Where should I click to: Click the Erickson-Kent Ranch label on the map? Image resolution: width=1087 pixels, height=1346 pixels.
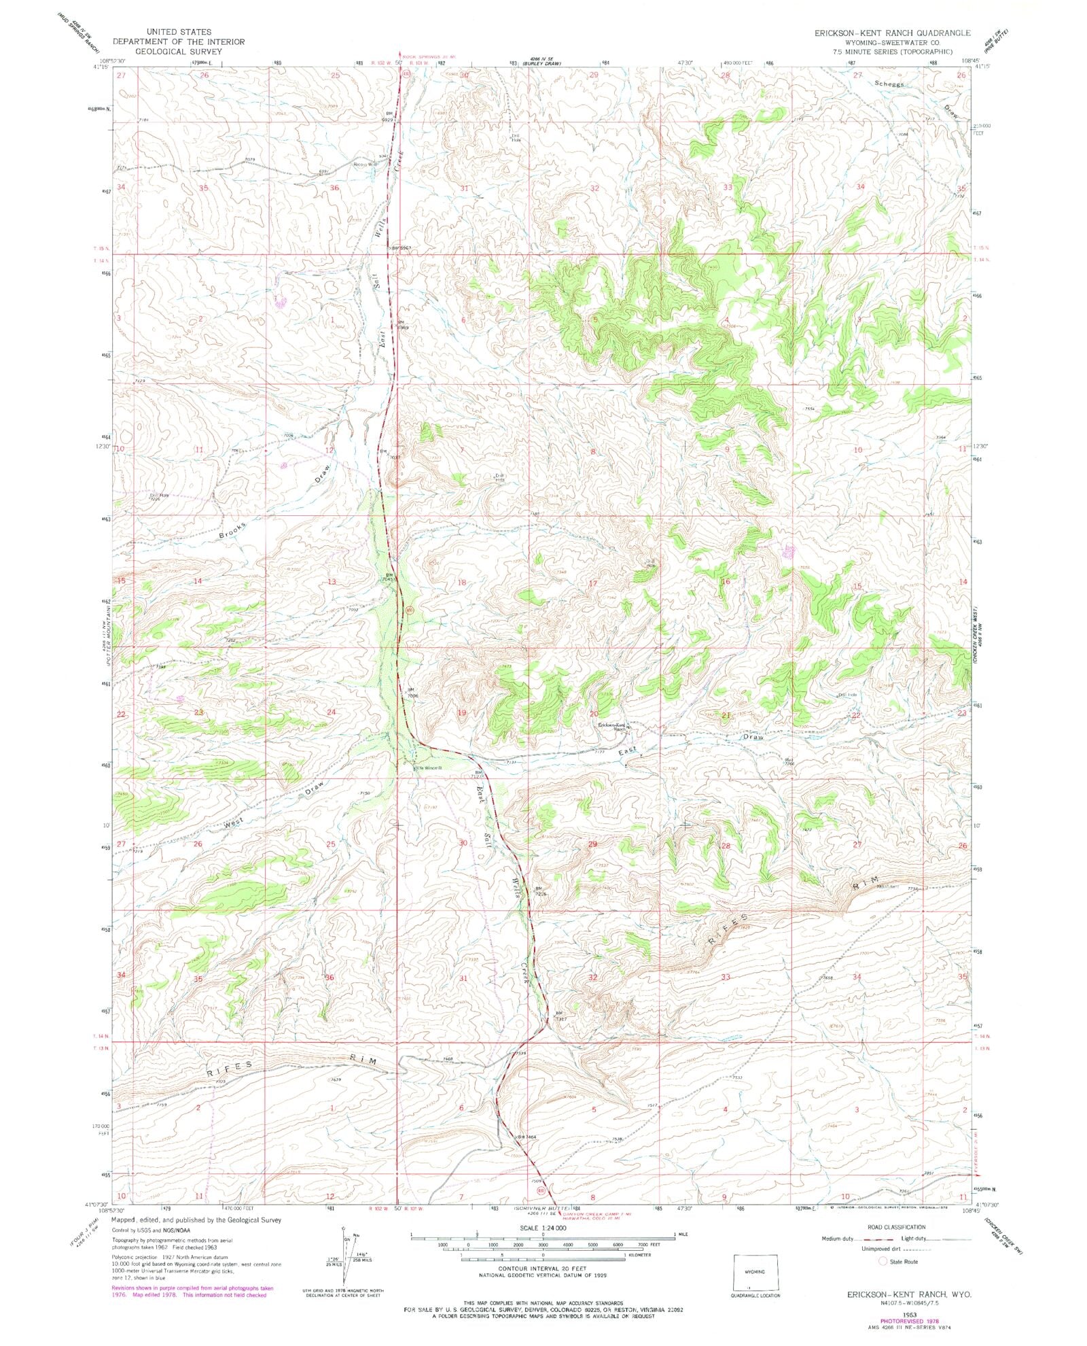614,725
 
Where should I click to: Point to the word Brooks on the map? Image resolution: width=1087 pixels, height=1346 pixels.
232,531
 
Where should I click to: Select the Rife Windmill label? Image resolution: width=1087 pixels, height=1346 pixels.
428,767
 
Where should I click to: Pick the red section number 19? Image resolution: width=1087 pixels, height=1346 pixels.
462,712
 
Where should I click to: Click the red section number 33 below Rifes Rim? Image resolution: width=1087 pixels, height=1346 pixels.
726,977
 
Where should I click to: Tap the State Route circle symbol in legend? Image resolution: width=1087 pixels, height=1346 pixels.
883,1261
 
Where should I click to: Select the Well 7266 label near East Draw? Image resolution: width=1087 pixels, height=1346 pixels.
790,761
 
